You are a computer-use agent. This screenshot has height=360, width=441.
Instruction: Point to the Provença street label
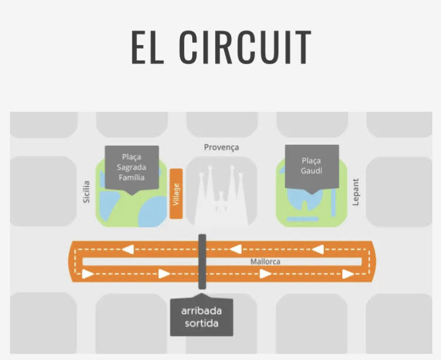pyautogui.click(x=221, y=147)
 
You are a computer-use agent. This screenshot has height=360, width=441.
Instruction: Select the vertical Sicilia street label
pyautogui.click(x=86, y=192)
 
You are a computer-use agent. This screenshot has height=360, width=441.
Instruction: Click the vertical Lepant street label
pyautogui.click(x=356, y=192)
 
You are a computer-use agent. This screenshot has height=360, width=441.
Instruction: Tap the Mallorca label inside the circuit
pyautogui.click(x=265, y=261)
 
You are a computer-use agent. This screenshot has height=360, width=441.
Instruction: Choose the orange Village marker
pyautogui.click(x=176, y=194)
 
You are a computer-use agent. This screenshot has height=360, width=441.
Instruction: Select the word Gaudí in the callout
pyautogui.click(x=312, y=171)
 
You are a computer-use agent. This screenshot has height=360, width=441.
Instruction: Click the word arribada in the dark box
pyautogui.click(x=201, y=311)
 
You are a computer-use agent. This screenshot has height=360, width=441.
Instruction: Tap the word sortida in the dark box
pyautogui.click(x=201, y=324)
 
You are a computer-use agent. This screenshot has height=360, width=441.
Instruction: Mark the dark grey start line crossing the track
pyautogui.click(x=202, y=261)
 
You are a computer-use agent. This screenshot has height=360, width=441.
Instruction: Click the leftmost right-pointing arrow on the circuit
pyautogui.click(x=88, y=274)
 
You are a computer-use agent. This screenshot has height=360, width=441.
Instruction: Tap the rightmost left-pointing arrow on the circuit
pyautogui.click(x=318, y=250)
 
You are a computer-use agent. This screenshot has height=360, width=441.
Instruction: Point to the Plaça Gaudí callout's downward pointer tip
pyautogui.click(x=312, y=195)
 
